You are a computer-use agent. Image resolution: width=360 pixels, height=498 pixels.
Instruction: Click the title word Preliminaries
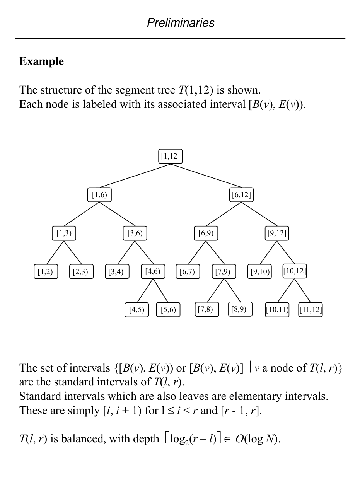pyautogui.click(x=180, y=23)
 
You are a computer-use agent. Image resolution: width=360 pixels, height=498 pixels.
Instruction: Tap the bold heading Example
pyautogui.click(x=41, y=61)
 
